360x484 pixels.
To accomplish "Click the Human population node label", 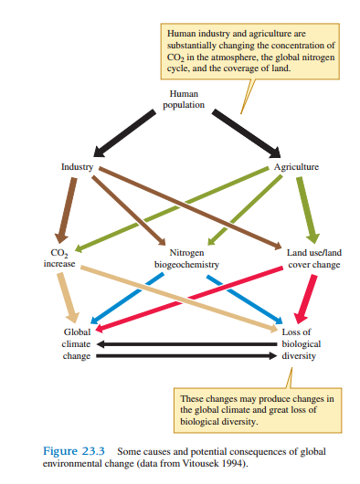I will click(x=183, y=100).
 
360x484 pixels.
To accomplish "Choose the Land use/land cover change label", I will click(x=313, y=258).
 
